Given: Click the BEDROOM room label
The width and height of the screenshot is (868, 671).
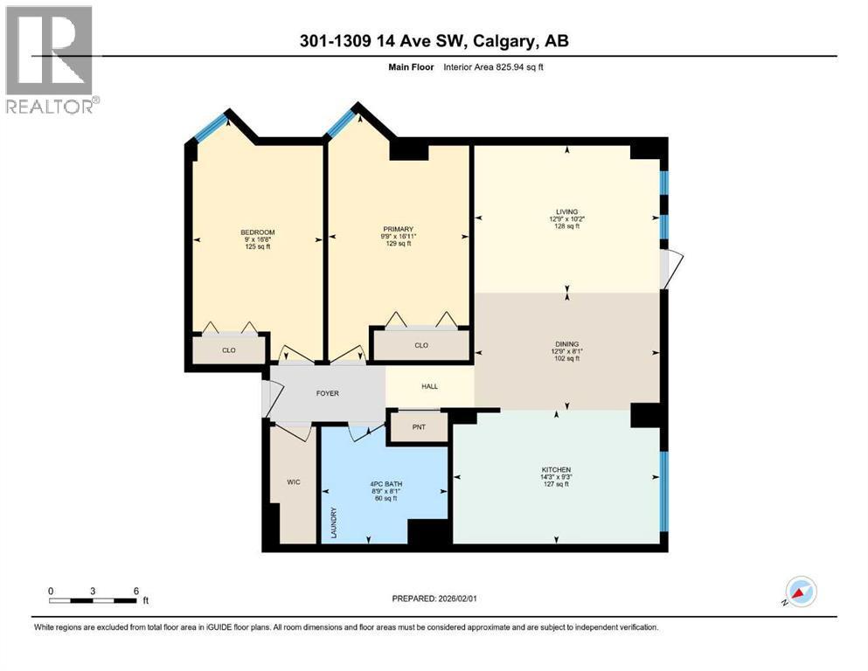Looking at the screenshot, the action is point(257,232).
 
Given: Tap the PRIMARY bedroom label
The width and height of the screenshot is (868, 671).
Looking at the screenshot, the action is point(398,229).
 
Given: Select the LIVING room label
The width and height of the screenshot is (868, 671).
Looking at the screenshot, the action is point(566,211).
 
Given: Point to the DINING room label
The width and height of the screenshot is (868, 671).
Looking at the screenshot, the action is point(566,344).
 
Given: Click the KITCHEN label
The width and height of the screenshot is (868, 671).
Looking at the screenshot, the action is point(556,470).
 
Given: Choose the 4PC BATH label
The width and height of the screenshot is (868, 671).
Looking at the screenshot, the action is point(385,484).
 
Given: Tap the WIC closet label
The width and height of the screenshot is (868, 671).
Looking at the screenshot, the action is point(294,481).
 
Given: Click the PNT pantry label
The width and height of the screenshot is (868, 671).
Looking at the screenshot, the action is point(419,427).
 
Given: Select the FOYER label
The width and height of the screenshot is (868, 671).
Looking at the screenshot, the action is point(327,393).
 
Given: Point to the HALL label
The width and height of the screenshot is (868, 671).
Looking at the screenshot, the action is point(429,386).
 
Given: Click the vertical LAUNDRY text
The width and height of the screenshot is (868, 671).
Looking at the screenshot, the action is point(334,522).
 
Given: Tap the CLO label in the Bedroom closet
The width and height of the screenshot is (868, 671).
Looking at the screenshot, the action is point(229,350).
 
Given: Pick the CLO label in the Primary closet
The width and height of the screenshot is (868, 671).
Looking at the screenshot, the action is point(421,345).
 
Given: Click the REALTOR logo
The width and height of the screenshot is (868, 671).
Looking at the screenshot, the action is point(51,59).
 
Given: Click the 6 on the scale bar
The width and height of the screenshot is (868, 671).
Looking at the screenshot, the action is point(136,591).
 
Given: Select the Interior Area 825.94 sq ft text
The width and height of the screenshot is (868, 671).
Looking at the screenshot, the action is point(493,67).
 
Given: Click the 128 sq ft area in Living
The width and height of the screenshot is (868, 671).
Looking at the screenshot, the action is point(566,225).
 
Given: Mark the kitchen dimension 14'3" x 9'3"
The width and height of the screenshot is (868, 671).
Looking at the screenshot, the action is point(556,477).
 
